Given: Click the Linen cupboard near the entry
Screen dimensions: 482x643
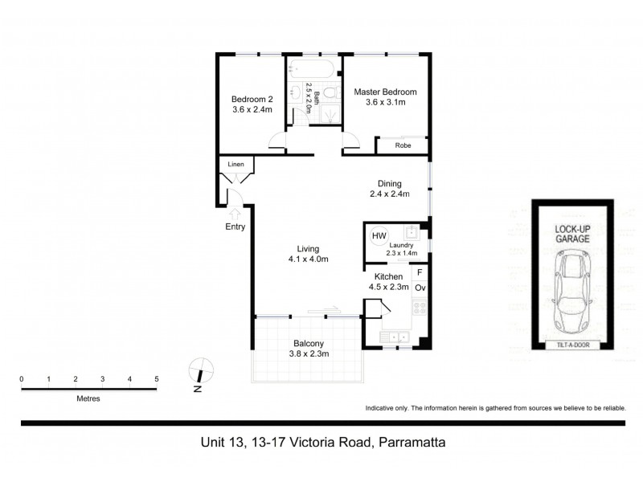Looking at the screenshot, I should pos(235,164).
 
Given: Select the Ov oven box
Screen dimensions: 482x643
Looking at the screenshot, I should pos(420,288).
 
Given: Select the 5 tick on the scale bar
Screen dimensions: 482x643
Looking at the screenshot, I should pos(157,379).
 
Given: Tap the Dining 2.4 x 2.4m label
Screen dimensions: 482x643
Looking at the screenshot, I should pos(390,188).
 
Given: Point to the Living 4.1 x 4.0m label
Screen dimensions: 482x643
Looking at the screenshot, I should pos(309,254).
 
